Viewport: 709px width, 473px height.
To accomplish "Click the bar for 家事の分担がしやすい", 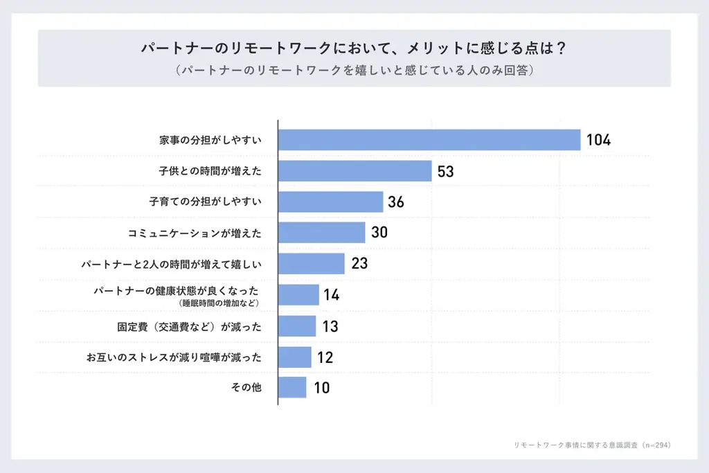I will coord(429,140).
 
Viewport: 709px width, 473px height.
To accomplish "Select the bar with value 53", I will coord(355,171).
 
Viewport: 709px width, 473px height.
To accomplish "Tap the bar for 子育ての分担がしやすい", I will coord(330,202).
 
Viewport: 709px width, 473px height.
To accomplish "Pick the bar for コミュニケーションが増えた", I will coord(321,233).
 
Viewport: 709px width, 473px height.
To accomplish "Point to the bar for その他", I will coord(292,387).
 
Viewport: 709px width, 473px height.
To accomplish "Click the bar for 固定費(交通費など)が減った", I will coord(297,325).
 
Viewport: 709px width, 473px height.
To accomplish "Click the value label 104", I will coord(598,140).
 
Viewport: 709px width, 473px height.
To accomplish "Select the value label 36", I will coord(396,202).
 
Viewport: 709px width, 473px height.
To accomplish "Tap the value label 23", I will coord(359,264).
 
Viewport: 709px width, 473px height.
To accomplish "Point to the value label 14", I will coord(331,295).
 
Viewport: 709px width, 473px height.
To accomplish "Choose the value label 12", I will coord(325,357).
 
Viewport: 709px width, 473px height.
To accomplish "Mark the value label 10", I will coord(321,388).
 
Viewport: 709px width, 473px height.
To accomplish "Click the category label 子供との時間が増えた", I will coord(210,171).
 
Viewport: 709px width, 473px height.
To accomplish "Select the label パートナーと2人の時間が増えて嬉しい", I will coord(171,264).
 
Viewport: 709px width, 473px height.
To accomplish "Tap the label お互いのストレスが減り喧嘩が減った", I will coord(174,357).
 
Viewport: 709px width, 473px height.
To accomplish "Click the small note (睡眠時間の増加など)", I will coord(219,303).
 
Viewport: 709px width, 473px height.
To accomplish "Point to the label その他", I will coord(246,388).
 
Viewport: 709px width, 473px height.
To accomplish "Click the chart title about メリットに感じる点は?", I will coord(354,49).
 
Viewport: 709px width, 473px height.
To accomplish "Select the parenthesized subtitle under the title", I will coord(354,71).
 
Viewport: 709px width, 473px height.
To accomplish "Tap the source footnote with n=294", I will coord(592,445).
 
